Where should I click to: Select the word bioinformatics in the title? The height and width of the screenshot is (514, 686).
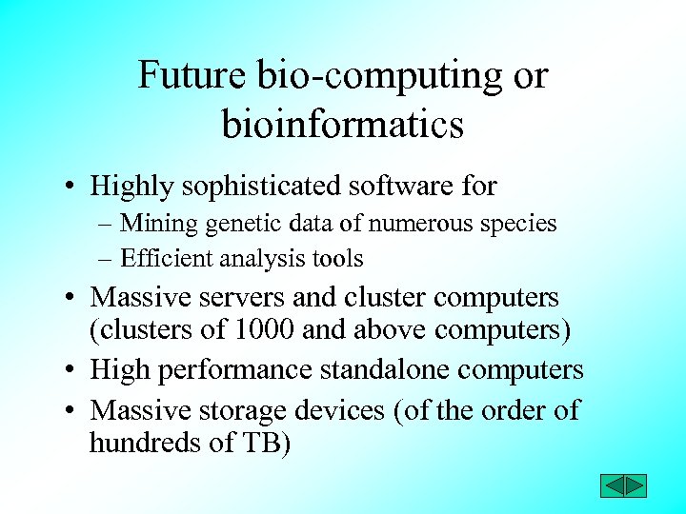(x=343, y=124)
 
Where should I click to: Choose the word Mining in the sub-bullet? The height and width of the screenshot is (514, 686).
(x=156, y=225)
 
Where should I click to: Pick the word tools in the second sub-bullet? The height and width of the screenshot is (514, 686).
(x=341, y=258)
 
